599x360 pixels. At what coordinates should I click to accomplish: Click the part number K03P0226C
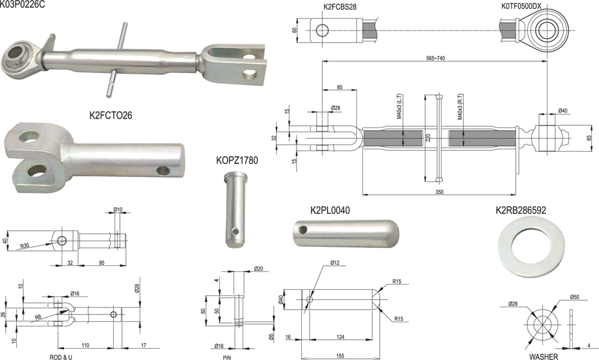click(x=23, y=5)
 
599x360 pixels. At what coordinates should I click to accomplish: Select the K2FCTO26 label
click(x=111, y=115)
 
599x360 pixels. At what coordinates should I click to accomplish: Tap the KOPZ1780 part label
click(x=237, y=160)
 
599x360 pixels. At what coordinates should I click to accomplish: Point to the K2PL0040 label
click(x=330, y=210)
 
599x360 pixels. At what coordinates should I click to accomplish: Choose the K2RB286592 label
click(x=521, y=210)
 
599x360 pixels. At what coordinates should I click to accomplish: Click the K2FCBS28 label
click(x=340, y=7)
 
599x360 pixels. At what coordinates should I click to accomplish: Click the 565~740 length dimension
click(x=435, y=58)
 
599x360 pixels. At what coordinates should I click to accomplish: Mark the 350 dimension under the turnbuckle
click(x=439, y=192)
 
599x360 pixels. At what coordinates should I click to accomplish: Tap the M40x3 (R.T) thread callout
click(x=460, y=107)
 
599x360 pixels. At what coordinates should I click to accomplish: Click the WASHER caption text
click(x=543, y=356)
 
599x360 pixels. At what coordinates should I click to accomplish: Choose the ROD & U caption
click(x=60, y=358)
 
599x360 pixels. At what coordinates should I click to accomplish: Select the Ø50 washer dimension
click(x=574, y=297)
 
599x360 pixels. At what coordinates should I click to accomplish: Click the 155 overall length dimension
click(x=340, y=356)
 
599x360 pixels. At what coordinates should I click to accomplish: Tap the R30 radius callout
click(x=25, y=246)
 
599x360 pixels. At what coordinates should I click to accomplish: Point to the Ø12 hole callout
click(x=335, y=262)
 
